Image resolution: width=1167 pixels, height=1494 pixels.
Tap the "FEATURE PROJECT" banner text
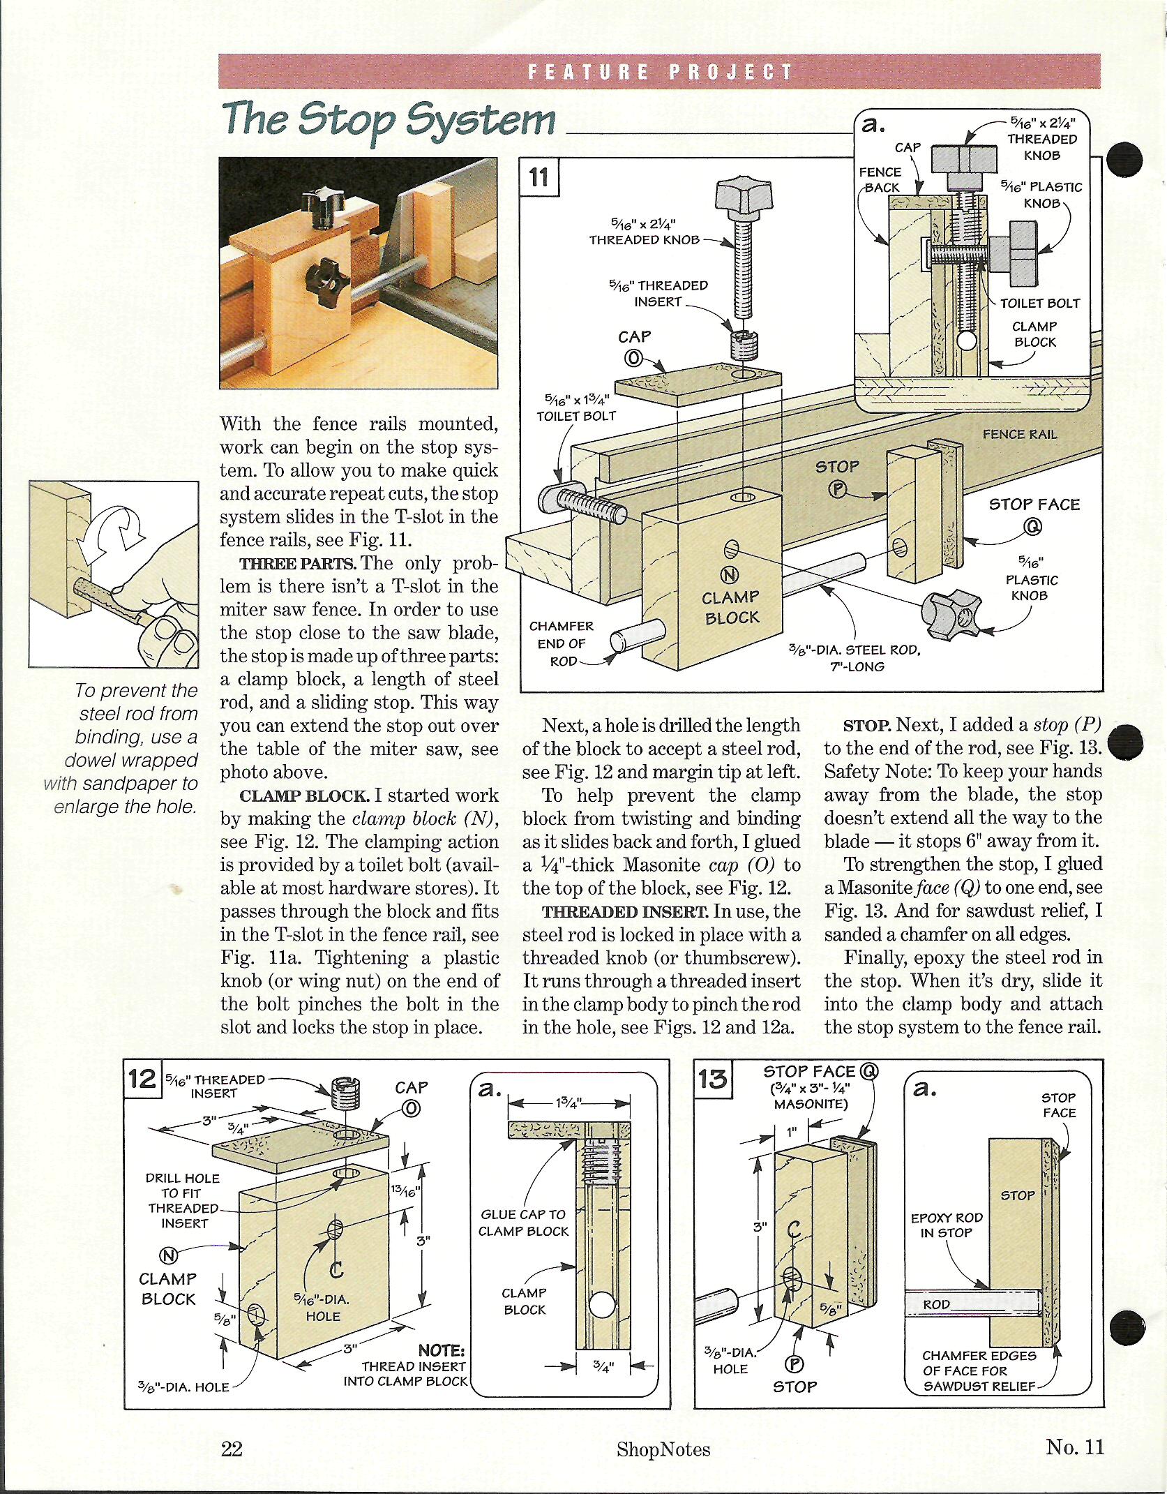[x=660, y=72]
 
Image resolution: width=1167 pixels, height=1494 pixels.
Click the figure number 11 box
[x=539, y=177]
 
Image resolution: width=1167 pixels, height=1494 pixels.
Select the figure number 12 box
[x=142, y=1078]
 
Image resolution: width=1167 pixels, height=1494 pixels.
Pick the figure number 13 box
[x=712, y=1079]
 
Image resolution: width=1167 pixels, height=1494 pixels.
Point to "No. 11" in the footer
[x=1075, y=1446]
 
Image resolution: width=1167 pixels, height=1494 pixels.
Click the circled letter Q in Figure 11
[x=1032, y=527]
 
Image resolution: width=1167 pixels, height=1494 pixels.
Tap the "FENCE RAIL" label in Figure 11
[x=1019, y=434]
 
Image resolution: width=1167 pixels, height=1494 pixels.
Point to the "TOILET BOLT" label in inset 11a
[x=1039, y=303]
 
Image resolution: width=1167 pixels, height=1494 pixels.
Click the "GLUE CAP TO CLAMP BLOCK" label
[x=523, y=1223]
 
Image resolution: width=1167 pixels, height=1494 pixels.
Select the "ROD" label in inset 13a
[x=936, y=1304]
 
